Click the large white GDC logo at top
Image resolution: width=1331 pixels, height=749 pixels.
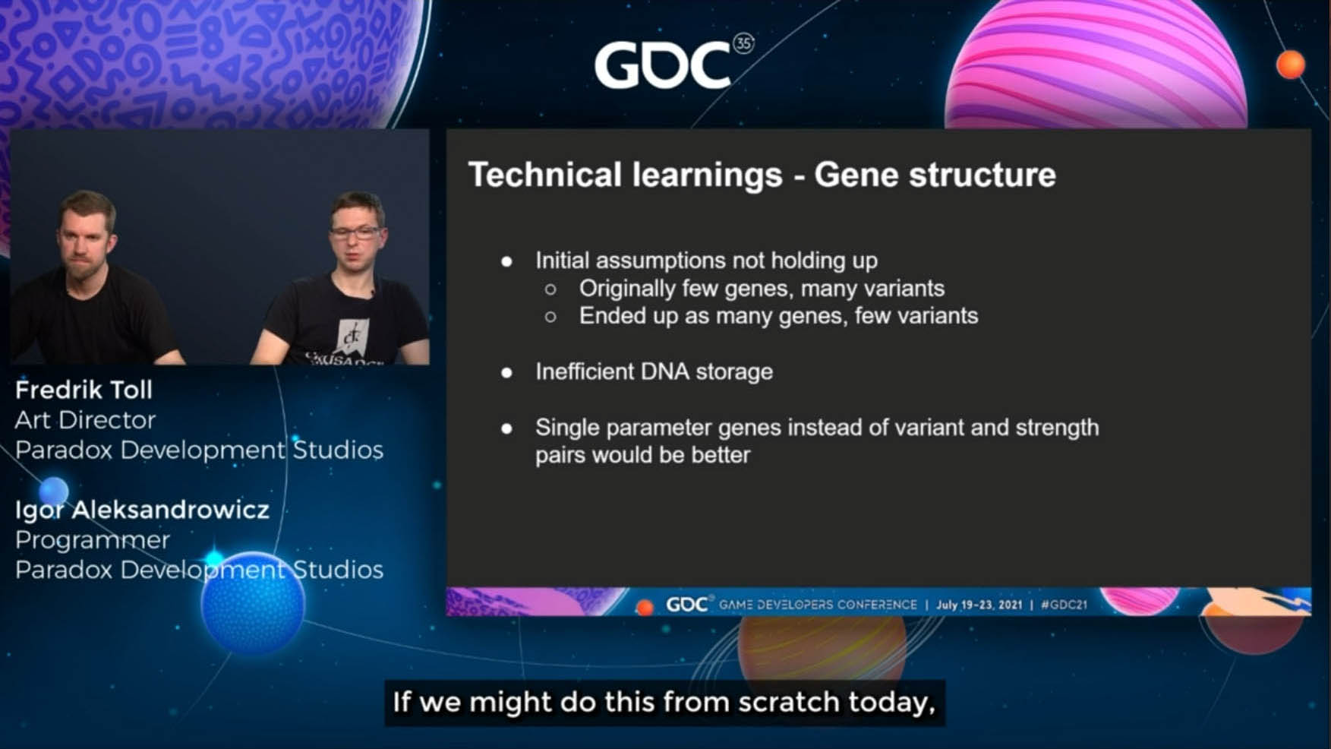tap(663, 65)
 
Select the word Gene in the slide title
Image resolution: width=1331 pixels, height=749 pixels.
tap(857, 175)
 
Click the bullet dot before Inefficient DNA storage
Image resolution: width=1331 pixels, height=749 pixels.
tap(506, 372)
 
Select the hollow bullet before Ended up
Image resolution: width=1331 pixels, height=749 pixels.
tap(550, 317)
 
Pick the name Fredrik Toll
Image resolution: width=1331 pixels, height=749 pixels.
tap(84, 390)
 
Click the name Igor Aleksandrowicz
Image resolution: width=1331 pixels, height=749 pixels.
tap(142, 509)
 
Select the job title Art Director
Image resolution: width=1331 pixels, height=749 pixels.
tap(85, 419)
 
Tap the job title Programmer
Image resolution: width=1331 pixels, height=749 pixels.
tap(93, 539)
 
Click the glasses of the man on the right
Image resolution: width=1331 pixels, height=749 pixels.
tap(355, 232)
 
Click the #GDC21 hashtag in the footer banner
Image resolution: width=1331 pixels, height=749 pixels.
tap(1064, 605)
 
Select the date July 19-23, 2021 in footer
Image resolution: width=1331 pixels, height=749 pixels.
tap(979, 605)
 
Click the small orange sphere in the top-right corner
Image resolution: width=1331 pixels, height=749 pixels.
tap(1290, 65)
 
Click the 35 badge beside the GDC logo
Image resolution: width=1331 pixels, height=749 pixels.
tap(743, 43)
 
